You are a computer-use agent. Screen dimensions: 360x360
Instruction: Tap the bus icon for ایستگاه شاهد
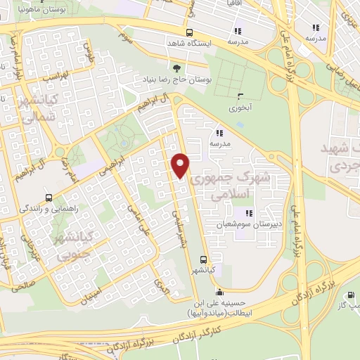coord(188,32)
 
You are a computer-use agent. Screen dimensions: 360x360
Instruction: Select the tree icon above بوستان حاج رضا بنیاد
coord(176,68)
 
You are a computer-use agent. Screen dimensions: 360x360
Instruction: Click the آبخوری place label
coord(240,109)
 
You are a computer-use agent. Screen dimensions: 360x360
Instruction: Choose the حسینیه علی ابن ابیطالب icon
coord(219,292)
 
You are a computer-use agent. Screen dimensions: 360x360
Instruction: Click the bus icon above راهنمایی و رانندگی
coord(48,198)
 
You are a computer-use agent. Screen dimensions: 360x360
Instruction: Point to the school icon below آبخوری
coord(219,132)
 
